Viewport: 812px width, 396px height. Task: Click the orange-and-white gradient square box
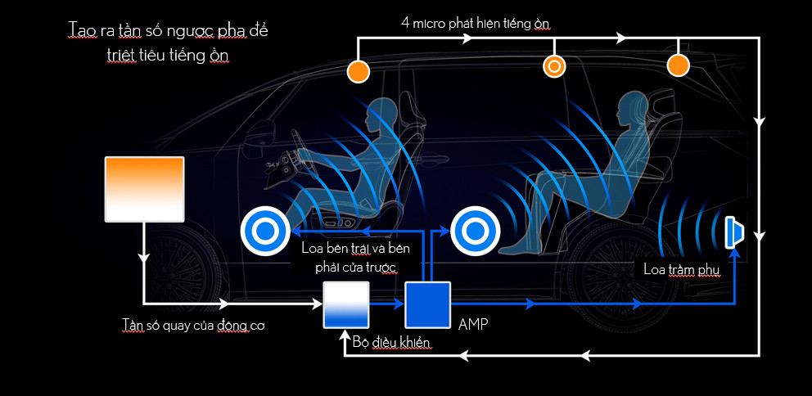tap(145, 188)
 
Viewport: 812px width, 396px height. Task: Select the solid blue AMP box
tap(428, 304)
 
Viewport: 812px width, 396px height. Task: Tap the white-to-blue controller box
tap(346, 304)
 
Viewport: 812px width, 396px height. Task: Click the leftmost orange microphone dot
tap(358, 71)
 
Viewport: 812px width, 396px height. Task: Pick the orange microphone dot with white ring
tap(554, 65)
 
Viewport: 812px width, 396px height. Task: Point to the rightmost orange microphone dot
tap(679, 65)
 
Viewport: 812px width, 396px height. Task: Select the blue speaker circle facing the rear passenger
tap(474, 232)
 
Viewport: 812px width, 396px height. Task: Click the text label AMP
tap(474, 324)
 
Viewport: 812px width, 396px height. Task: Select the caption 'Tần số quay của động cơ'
tap(192, 326)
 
